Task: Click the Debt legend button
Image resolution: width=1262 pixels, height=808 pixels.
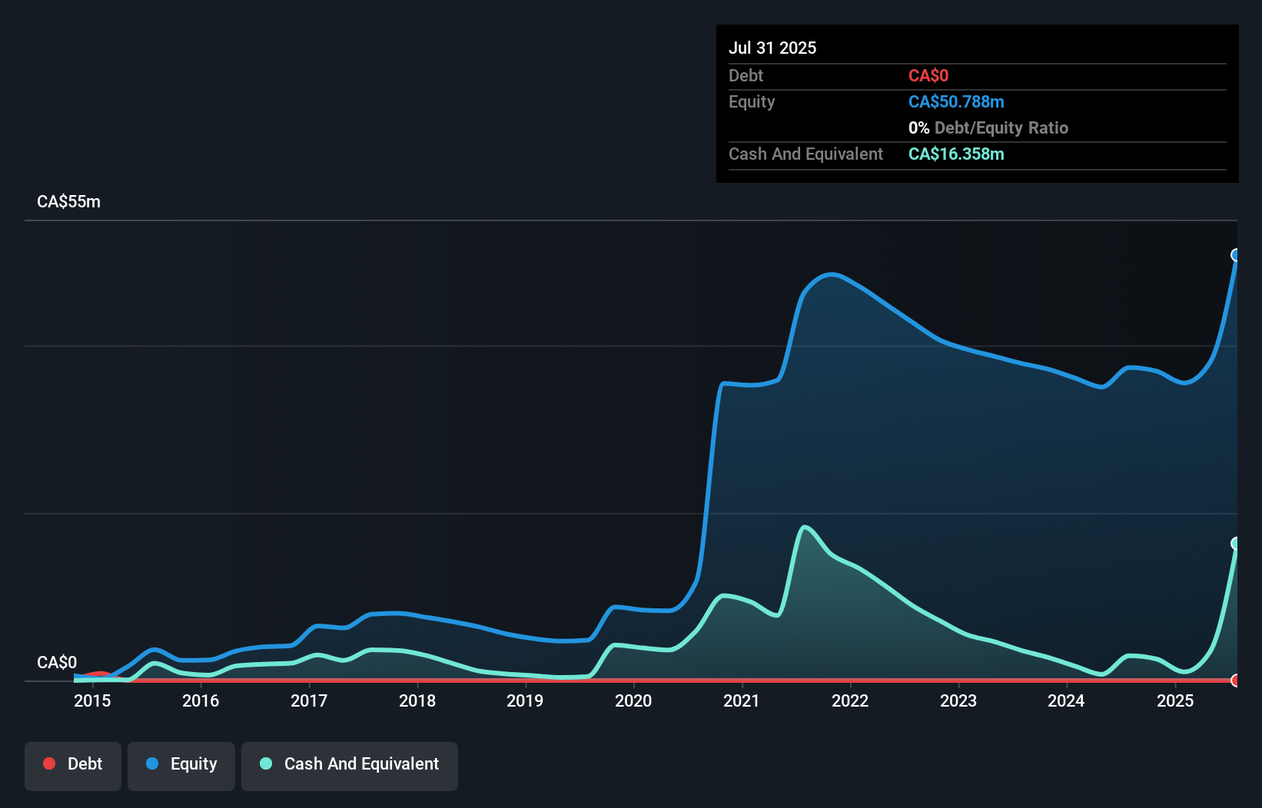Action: (72, 765)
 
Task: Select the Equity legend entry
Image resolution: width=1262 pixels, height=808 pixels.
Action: (181, 765)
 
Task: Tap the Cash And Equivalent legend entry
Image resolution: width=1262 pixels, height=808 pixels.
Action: (350, 765)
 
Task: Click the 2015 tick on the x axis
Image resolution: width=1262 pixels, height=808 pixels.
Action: (92, 700)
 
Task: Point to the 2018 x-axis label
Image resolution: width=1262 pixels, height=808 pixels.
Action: (417, 700)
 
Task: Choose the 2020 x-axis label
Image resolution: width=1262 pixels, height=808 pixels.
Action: (633, 700)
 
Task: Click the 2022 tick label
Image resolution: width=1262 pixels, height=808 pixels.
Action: (850, 700)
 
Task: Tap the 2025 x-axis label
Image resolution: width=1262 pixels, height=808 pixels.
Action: (1175, 700)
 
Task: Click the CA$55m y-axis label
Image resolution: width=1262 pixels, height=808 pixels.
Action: (68, 202)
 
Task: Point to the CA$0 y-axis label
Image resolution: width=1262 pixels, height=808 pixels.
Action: (57, 662)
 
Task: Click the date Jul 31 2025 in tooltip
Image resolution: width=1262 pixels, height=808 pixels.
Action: (772, 48)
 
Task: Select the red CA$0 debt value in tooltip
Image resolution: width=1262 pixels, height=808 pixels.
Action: (928, 75)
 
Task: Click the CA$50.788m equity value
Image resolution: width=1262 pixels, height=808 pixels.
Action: (956, 101)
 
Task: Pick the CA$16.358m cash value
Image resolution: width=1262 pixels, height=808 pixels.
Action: (956, 154)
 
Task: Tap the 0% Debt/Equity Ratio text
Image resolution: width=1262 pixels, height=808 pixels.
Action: (988, 127)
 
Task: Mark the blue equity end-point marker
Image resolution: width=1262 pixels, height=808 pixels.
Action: (1236, 255)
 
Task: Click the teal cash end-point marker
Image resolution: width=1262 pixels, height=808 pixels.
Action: (1236, 543)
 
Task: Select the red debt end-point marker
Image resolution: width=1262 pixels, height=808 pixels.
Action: (1236, 680)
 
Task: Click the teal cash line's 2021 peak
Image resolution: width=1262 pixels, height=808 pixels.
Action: (804, 527)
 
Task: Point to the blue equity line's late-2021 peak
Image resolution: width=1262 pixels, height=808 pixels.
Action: (832, 274)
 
